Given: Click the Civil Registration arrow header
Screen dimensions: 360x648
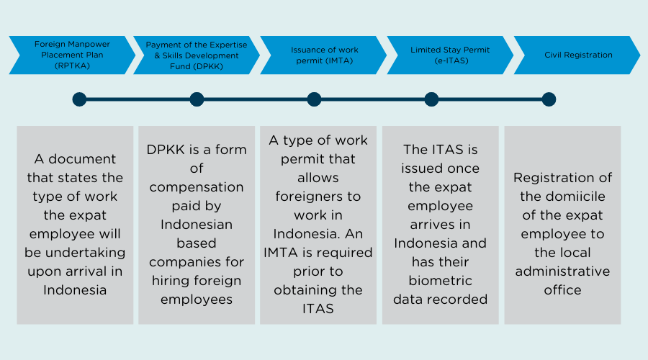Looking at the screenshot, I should pos(578,55).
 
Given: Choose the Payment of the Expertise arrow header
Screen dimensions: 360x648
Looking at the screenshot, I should pos(196,55).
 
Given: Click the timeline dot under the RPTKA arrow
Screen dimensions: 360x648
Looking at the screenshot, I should pos(79,99).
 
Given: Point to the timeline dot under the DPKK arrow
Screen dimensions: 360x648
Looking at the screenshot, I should pos(197,99).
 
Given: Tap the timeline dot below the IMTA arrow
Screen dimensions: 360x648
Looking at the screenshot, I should pos(314,99).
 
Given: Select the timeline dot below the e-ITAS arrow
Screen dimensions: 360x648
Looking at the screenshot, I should pos(431,99).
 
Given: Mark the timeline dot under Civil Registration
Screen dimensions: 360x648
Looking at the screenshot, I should pos(549,99).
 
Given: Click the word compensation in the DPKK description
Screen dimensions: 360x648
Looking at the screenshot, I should pos(197,186).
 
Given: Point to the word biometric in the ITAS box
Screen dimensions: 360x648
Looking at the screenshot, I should pos(440,280).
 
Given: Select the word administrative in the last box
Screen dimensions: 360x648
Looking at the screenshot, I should pos(562,271).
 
